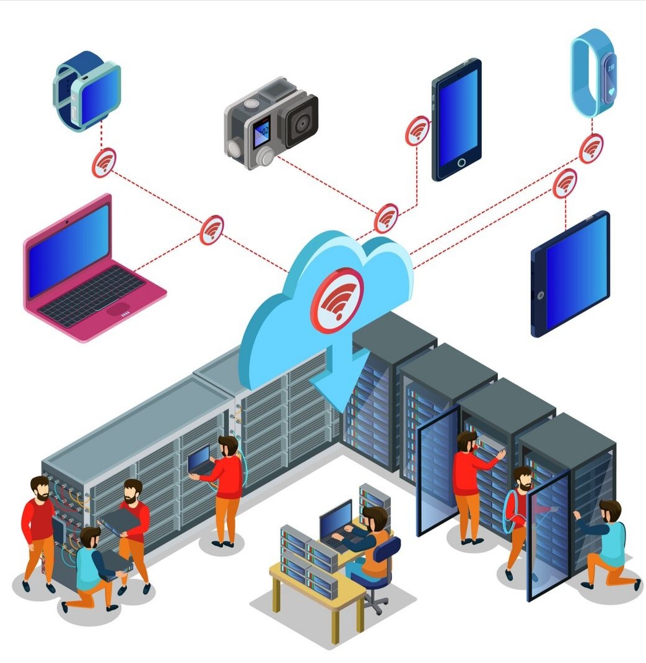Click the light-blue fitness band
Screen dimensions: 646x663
point(593,71)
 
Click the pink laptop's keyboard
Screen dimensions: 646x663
point(93,297)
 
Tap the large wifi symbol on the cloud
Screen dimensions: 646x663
point(338,300)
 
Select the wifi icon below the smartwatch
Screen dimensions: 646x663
point(104,163)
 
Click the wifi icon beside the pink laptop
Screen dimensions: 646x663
point(211,230)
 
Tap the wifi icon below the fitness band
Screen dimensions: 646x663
point(591,149)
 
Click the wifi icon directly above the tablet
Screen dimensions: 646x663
point(564,183)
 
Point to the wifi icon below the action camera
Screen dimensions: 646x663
point(386,218)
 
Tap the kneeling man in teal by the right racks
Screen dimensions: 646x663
point(609,544)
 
